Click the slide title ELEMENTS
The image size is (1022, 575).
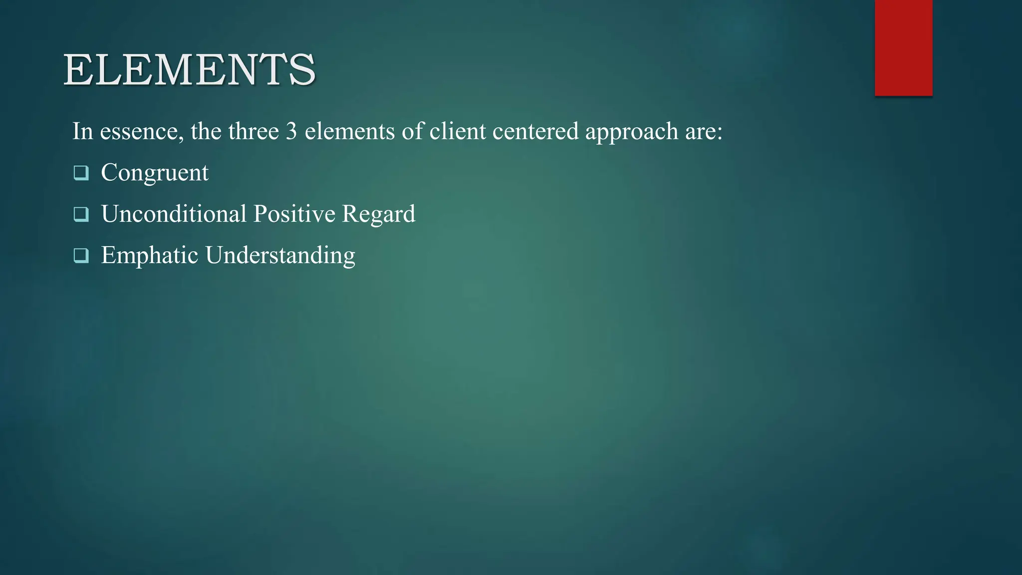190,70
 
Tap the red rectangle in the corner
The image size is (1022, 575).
903,47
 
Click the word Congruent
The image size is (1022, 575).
155,173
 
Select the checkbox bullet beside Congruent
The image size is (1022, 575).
81,173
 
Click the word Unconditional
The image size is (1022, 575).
174,214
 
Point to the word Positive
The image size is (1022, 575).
294,214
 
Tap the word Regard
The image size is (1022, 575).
378,215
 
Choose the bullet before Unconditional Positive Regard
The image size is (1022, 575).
81,214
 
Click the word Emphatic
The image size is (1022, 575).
150,255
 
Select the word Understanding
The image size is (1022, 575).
280,256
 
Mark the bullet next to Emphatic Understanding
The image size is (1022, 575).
81,256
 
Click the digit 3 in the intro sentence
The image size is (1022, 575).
291,131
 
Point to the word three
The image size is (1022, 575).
254,131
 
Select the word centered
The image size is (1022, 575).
535,131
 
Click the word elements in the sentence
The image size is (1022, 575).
349,131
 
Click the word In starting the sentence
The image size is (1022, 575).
83,131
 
